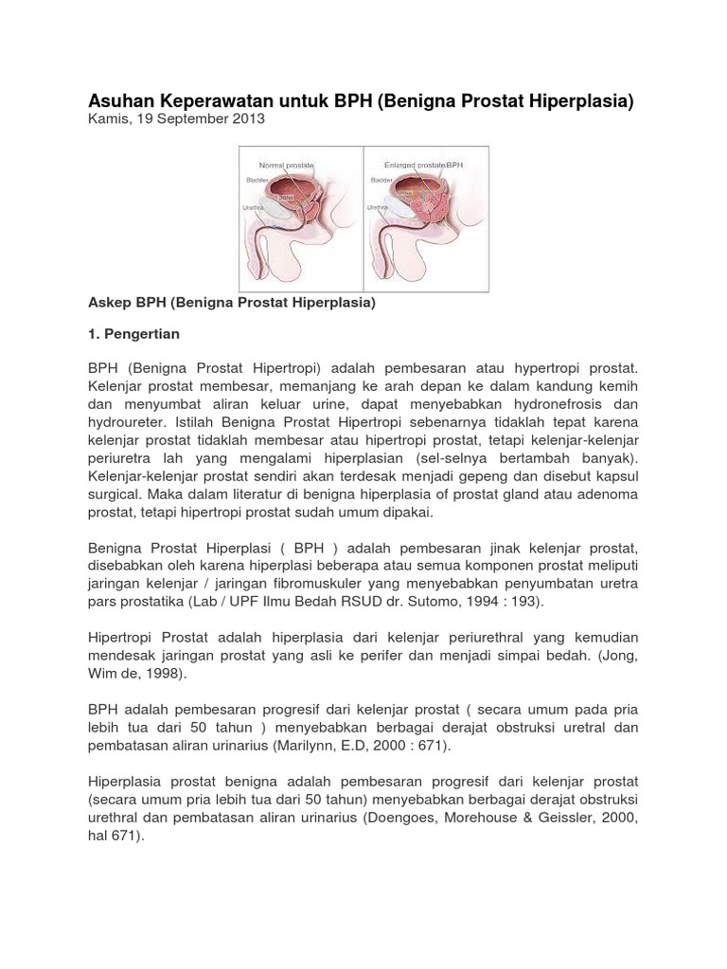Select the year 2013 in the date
pos(248,119)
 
